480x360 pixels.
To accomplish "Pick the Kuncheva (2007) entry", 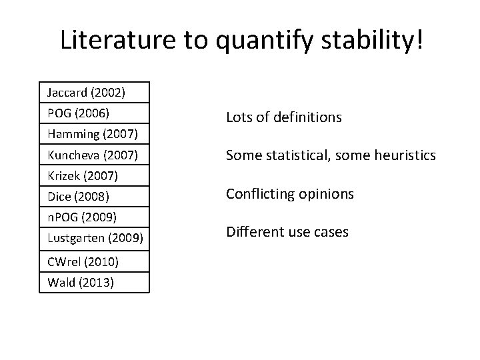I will pyautogui.click(x=93, y=155).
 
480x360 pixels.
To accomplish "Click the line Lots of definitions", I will pyautogui.click(x=283, y=118).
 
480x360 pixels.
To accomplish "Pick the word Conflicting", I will pyautogui.click(x=259, y=194).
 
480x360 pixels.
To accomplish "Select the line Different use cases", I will pyautogui.click(x=287, y=233).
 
